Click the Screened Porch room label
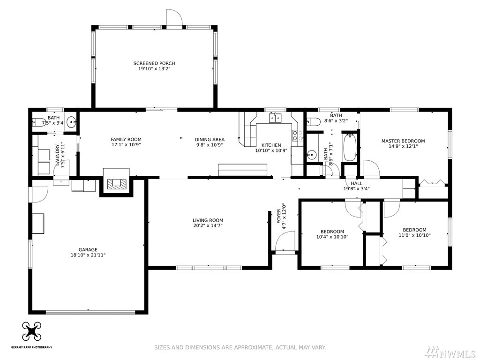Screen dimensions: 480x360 (154, 63)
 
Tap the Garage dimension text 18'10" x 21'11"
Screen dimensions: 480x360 (88, 255)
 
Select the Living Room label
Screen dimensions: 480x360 (208, 220)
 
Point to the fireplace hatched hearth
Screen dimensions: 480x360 (116, 183)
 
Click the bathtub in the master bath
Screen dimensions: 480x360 (349, 147)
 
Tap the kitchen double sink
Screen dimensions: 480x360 (276, 118)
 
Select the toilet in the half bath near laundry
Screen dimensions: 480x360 (38, 122)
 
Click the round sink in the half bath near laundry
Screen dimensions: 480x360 (71, 122)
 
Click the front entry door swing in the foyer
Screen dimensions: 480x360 (285, 241)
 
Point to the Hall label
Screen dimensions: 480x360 (356, 183)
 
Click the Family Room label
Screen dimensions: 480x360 (126, 140)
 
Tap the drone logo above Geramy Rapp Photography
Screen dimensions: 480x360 (31, 332)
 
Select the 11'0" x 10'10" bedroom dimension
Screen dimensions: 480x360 (414, 235)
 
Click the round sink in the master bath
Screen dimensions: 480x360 (312, 155)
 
